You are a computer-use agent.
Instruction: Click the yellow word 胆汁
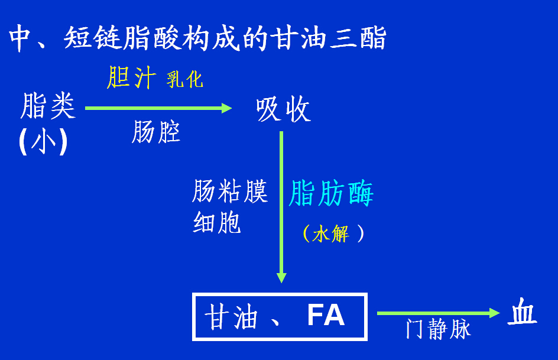[131, 77]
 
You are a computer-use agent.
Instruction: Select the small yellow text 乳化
[184, 79]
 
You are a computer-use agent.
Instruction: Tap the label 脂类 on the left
[47, 106]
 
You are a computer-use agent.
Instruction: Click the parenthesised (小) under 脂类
[43, 142]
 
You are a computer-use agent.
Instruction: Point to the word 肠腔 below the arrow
[155, 132]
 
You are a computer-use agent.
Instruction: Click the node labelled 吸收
[283, 109]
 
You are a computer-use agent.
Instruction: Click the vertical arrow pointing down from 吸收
[281, 207]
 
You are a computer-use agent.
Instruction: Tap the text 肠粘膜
[230, 192]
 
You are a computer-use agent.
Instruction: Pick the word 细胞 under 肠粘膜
[217, 223]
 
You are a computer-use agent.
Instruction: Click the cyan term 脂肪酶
[331, 194]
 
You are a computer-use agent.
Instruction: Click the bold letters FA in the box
[326, 316]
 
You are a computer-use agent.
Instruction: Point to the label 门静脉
[438, 329]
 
